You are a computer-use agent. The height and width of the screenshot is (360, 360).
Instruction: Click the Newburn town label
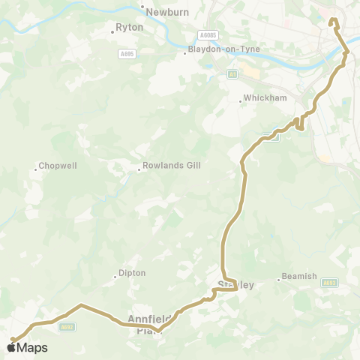[x=165, y=12]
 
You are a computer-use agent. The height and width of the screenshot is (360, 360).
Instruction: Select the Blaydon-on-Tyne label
[x=214, y=52]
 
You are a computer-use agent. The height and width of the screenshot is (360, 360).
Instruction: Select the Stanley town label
[x=235, y=285]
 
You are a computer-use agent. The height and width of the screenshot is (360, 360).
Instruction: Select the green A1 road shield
[x=232, y=73]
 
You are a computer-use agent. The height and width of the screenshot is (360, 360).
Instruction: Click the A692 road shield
[x=67, y=326]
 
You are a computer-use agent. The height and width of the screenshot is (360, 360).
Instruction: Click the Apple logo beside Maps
[x=12, y=347]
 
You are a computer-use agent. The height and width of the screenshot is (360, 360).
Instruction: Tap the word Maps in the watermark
[x=32, y=347]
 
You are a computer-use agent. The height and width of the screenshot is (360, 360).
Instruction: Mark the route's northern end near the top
[x=333, y=20]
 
